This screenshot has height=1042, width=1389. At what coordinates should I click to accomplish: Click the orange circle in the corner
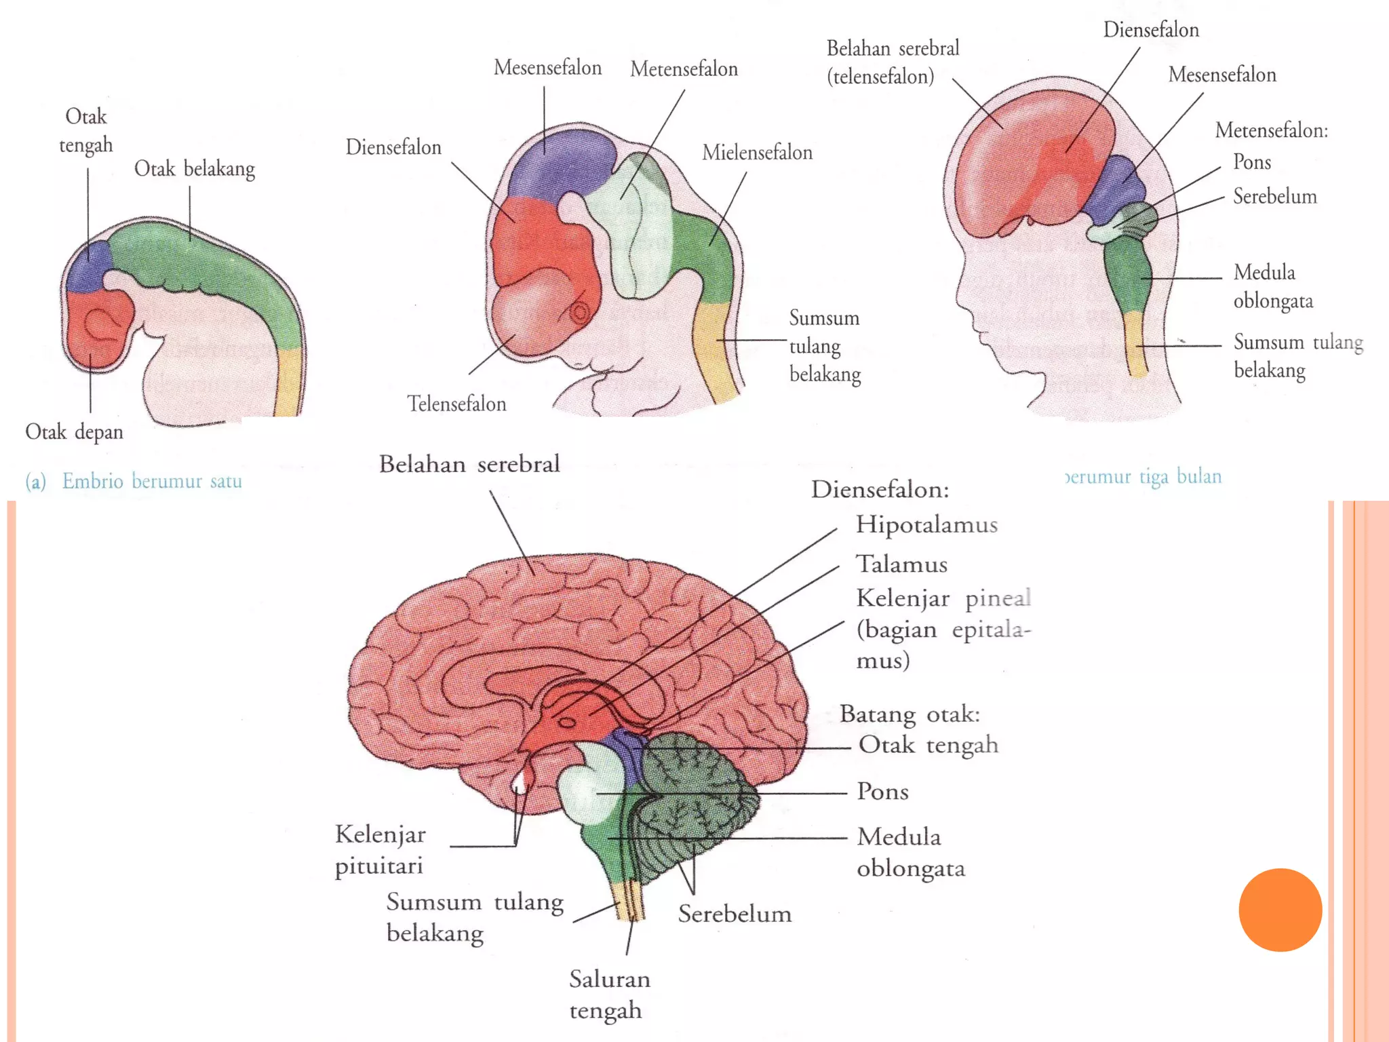tap(1280, 910)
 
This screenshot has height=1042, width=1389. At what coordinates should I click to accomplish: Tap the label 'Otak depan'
tap(74, 432)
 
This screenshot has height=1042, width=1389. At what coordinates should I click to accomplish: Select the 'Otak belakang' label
tap(195, 169)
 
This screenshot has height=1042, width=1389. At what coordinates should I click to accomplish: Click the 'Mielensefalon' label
tap(757, 153)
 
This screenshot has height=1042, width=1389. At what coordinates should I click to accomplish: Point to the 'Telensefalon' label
tap(456, 404)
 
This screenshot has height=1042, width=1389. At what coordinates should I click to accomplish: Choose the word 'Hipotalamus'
tap(926, 524)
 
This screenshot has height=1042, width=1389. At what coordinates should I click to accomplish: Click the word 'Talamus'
tap(901, 564)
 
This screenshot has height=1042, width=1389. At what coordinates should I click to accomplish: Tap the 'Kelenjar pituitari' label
tap(380, 849)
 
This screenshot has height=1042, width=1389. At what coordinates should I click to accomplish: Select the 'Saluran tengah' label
tap(609, 995)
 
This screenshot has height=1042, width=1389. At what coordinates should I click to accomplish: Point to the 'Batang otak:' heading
tap(909, 714)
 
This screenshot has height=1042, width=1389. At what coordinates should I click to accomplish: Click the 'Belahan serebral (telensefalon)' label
tap(892, 62)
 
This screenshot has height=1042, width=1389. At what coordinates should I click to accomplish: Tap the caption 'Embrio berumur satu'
tap(152, 482)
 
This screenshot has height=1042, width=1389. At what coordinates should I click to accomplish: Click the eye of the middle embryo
tap(580, 313)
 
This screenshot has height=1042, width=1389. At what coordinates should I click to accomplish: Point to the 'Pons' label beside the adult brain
tap(882, 792)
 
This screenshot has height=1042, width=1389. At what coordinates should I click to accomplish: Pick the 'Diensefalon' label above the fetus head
tap(1151, 30)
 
